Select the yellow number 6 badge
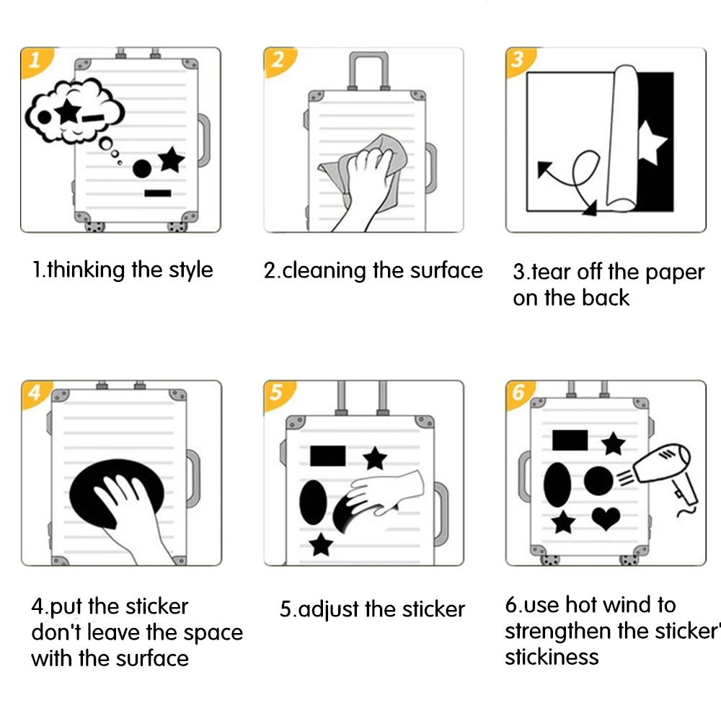pos(518,393)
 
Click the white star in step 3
pos(650,143)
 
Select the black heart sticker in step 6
pos(606,518)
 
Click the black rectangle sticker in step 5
pos(328,456)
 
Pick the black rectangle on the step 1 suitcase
pos(158,193)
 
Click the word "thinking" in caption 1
pos(86,270)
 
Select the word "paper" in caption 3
pos(675,273)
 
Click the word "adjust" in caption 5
pos(328,610)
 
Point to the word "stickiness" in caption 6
pos(552,657)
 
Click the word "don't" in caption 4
pos(56,632)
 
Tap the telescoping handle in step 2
pos(368,71)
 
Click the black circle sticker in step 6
pos(598,480)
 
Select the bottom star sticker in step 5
pos(321,545)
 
